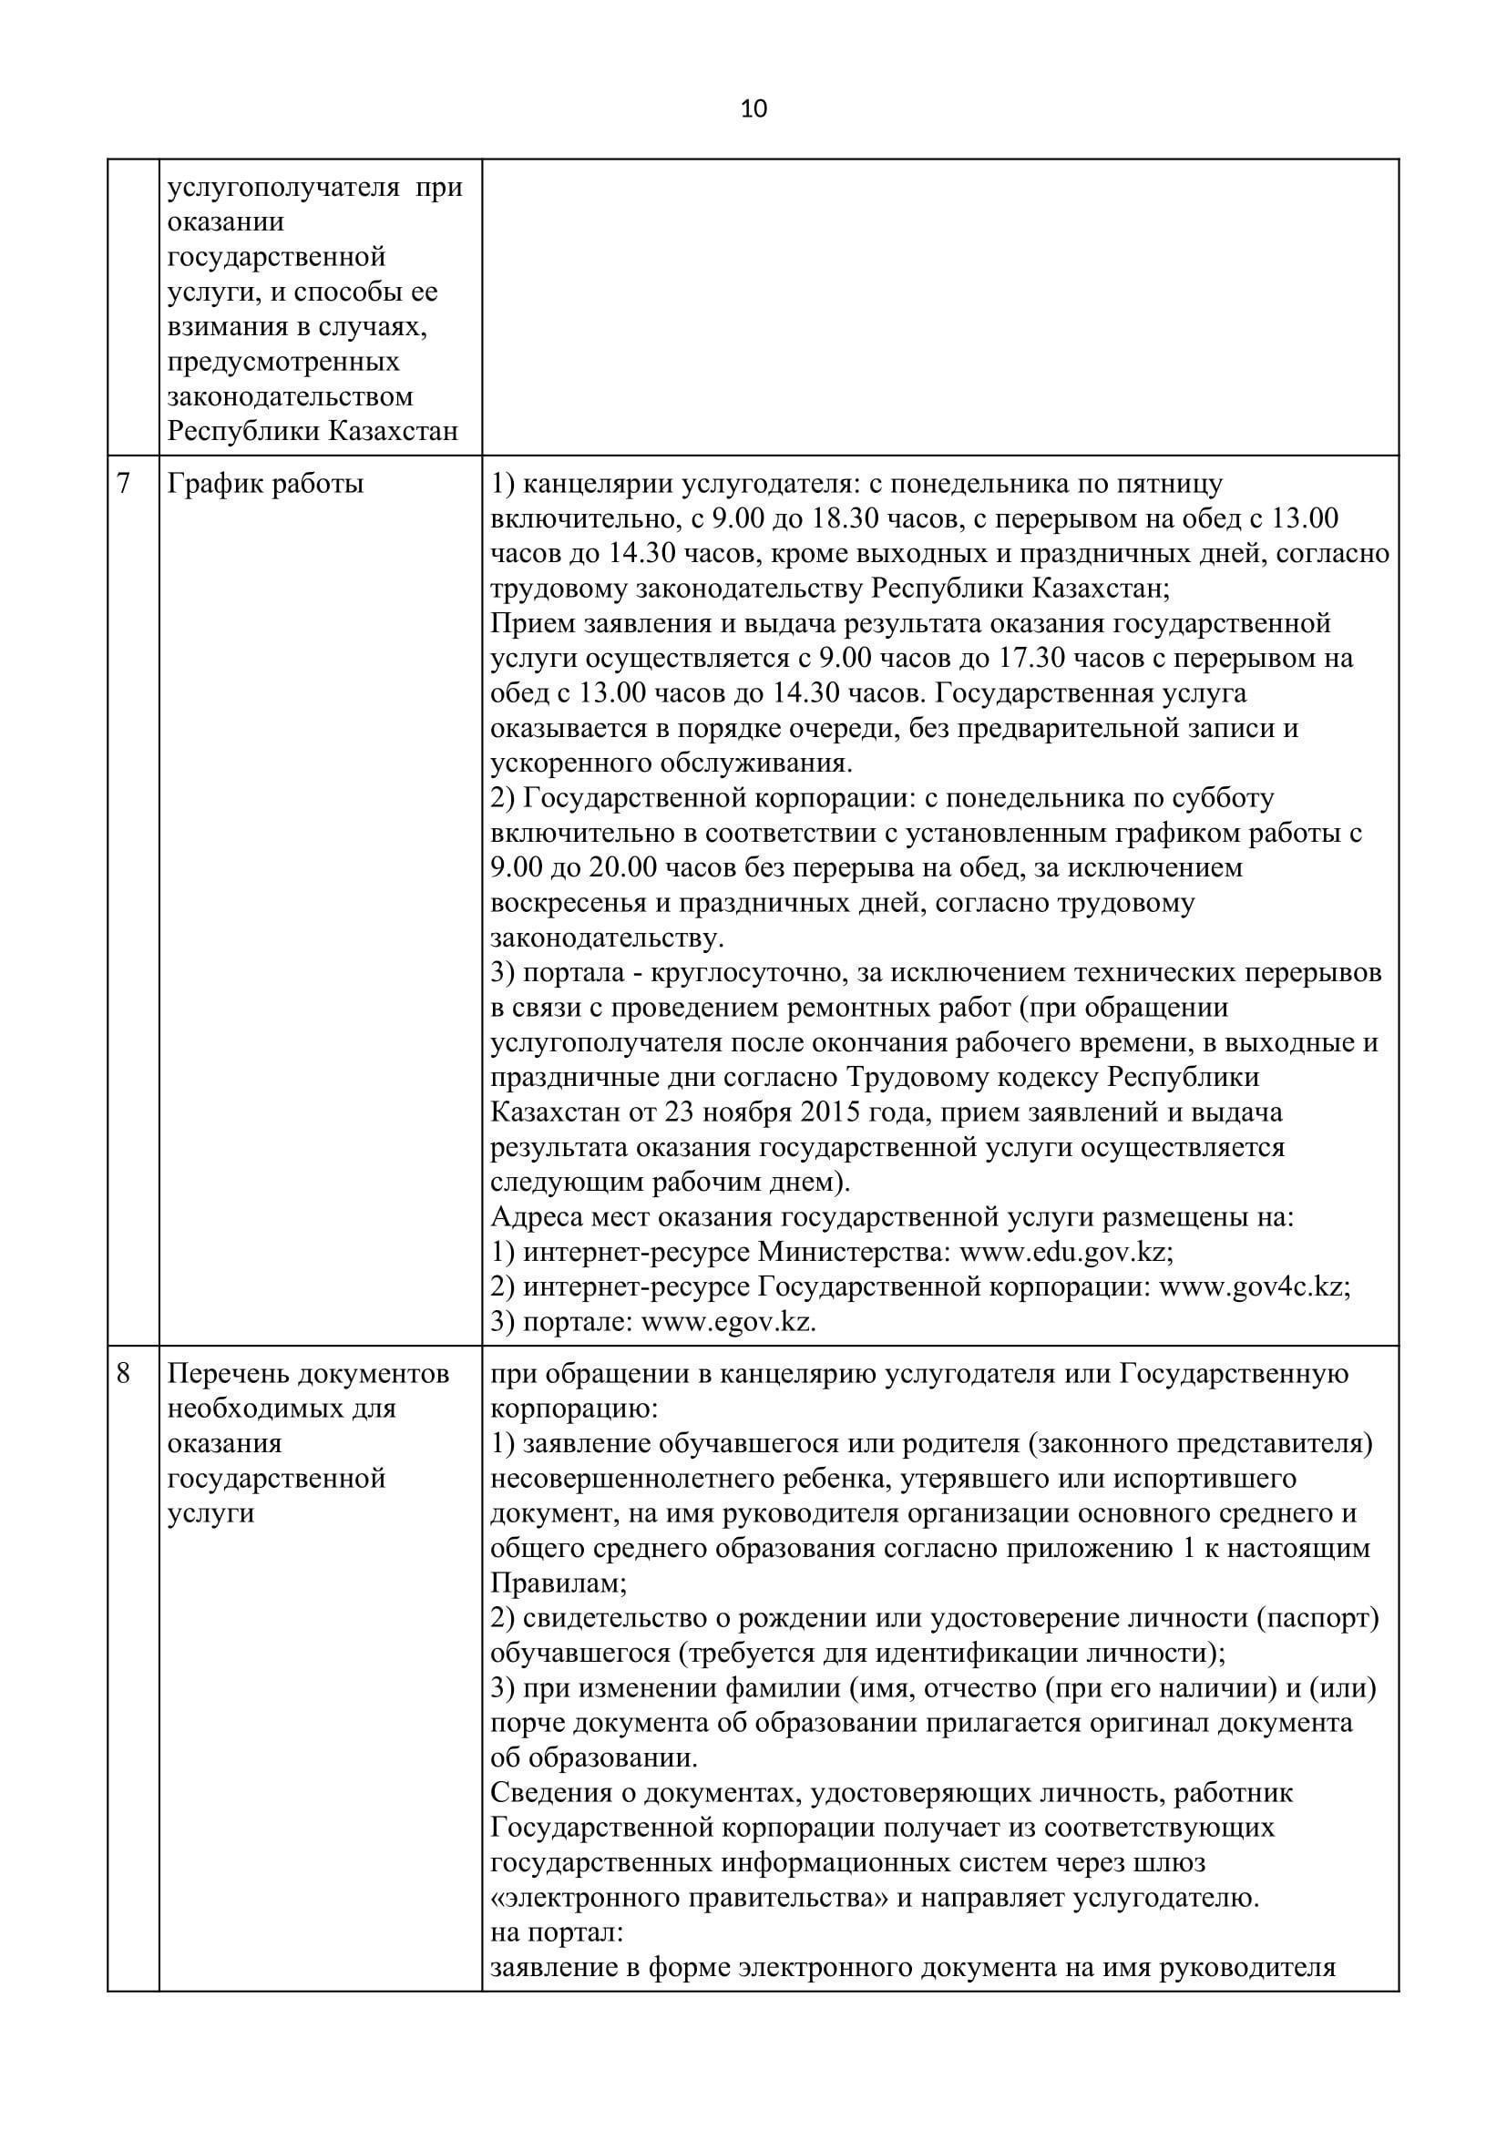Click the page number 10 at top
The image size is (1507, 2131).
click(x=753, y=109)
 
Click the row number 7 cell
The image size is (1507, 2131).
click(x=124, y=484)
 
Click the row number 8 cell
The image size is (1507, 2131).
click(x=124, y=1373)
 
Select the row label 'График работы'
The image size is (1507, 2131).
click(x=265, y=484)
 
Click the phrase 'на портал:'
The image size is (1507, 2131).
click(x=556, y=1933)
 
